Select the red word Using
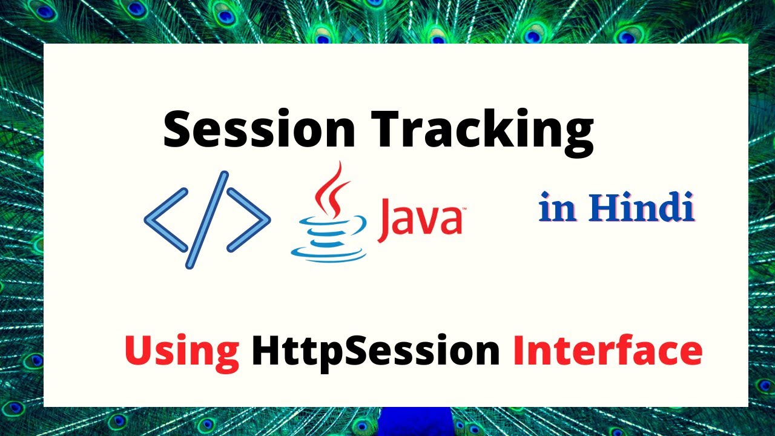click(x=182, y=351)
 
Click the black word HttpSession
click(x=376, y=351)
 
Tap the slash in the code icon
click(x=206, y=219)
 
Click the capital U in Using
click(x=138, y=351)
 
